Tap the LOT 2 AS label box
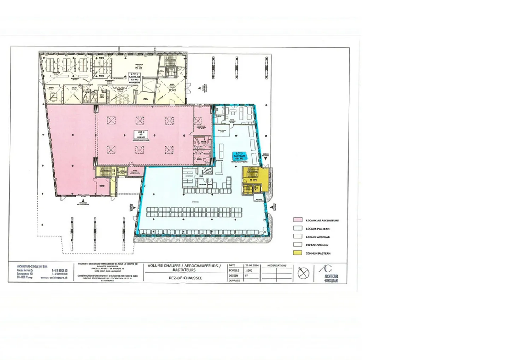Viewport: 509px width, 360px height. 141,134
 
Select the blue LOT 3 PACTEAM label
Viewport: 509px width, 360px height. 239,156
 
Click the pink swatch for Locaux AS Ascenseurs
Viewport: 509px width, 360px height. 298,220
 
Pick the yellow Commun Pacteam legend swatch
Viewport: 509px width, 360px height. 298,253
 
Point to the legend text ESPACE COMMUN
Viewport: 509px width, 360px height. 317,245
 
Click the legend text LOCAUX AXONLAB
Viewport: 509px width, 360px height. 318,237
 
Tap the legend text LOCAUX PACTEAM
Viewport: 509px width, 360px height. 318,229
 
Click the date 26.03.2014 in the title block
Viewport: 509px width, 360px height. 252,265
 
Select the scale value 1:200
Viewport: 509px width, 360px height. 249,270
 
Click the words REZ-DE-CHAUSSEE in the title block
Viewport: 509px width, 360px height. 186,278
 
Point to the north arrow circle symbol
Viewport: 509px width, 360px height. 303,273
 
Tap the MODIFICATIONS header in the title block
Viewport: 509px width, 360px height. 277,265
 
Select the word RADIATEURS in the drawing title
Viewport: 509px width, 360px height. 185,270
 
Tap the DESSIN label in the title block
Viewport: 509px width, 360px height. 234,275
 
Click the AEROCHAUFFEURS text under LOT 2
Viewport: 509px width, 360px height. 141,140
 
